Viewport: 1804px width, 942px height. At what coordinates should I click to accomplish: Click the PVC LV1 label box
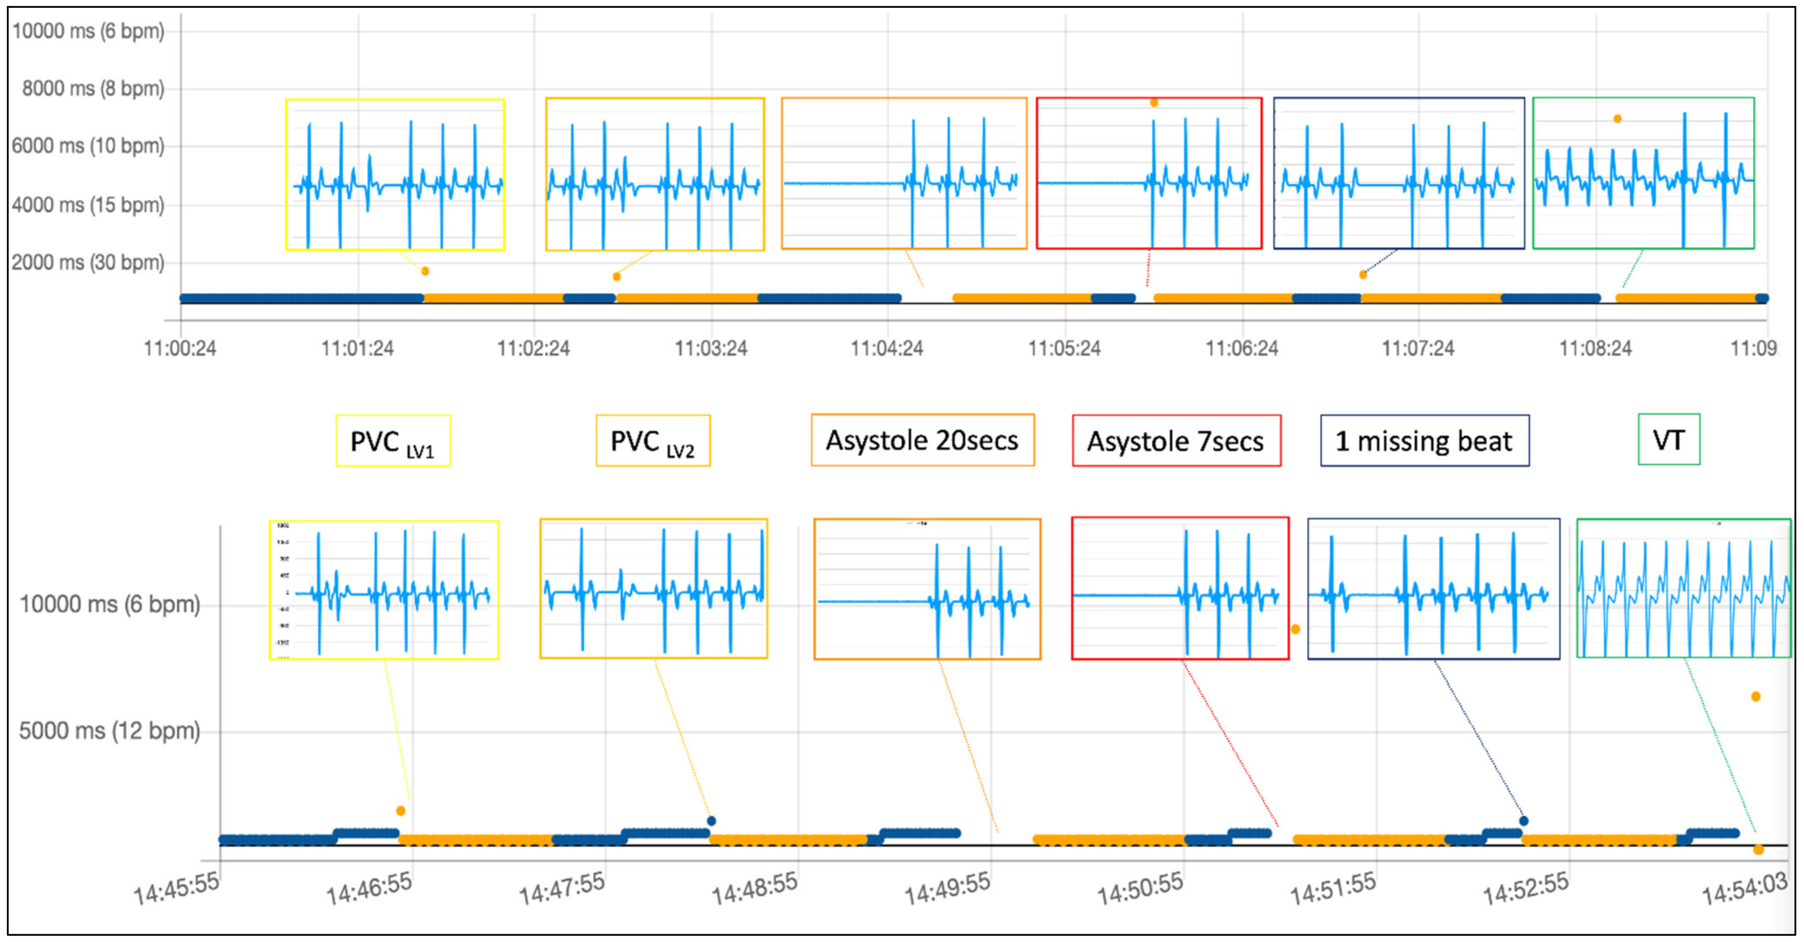coord(393,440)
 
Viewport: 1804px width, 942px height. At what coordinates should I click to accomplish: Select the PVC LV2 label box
coord(653,440)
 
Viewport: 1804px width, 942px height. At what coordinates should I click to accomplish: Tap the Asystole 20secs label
coord(922,440)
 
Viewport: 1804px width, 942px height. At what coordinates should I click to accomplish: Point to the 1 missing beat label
coord(1425,440)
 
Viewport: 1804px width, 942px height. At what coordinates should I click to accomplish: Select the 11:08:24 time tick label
coord(1595,348)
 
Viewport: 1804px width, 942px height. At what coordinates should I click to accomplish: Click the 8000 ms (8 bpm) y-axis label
coord(93,88)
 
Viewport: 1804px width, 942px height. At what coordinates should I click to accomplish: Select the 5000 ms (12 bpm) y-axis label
coord(109,731)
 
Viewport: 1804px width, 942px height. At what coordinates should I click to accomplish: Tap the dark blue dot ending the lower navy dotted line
coord(1524,820)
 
